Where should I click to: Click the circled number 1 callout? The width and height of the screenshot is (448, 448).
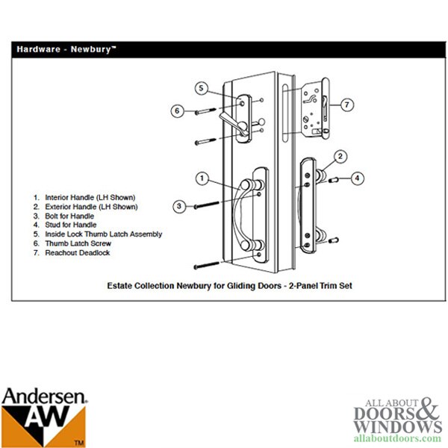pos(201,178)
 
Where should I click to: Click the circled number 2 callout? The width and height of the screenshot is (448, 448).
pos(340,156)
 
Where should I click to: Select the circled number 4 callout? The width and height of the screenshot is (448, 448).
pos(358,178)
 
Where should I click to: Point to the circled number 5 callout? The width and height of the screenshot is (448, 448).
pos(201,88)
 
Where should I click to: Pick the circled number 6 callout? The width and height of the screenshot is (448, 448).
pos(177,111)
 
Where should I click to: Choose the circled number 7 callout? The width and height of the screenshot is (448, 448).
pos(347,105)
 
